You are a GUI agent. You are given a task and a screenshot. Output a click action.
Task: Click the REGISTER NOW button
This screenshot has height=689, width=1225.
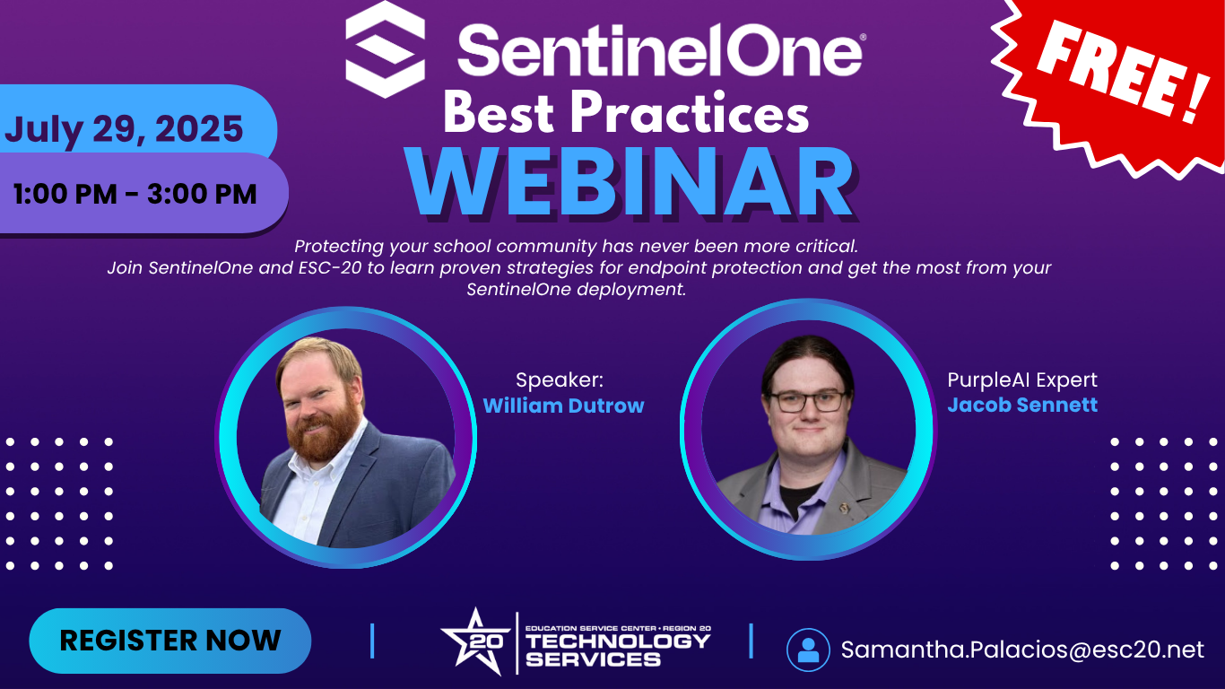coord(170,641)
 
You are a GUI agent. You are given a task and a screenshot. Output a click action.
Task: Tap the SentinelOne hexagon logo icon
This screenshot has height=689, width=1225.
coord(386,49)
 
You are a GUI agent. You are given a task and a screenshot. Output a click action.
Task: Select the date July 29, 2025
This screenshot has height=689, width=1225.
coord(124,129)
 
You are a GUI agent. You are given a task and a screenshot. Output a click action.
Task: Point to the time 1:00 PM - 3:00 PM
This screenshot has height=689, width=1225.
coord(135,194)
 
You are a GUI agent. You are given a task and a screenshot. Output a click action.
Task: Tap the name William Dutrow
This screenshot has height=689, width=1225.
coord(563,406)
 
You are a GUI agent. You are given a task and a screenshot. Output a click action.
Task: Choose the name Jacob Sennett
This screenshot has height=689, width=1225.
coord(1022,405)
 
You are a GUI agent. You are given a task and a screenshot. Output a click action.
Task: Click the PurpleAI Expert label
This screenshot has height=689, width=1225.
coord(1022,379)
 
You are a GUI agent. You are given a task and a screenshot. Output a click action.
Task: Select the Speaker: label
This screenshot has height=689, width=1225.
coord(560,379)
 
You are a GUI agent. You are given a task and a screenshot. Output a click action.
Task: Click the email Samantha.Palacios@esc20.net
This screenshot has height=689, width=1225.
coord(1022,650)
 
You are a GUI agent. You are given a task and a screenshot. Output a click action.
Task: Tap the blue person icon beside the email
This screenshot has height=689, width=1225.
coord(808,650)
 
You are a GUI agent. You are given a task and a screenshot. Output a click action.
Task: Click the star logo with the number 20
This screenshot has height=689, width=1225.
coord(476,641)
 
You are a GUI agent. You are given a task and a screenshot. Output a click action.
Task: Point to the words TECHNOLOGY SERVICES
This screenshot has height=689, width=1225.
coord(618,650)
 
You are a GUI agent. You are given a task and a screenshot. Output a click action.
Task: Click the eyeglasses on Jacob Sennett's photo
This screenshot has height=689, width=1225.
coord(808,401)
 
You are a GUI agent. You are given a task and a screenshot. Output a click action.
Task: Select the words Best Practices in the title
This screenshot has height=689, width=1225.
coord(626,111)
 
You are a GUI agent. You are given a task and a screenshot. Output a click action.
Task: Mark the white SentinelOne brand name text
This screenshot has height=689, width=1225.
coord(661,49)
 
